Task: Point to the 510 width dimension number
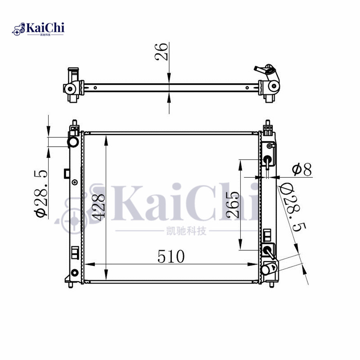(171, 256)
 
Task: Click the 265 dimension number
(233, 205)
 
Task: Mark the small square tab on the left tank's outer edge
(67, 173)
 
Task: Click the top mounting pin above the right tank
(268, 122)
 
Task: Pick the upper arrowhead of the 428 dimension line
(106, 137)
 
